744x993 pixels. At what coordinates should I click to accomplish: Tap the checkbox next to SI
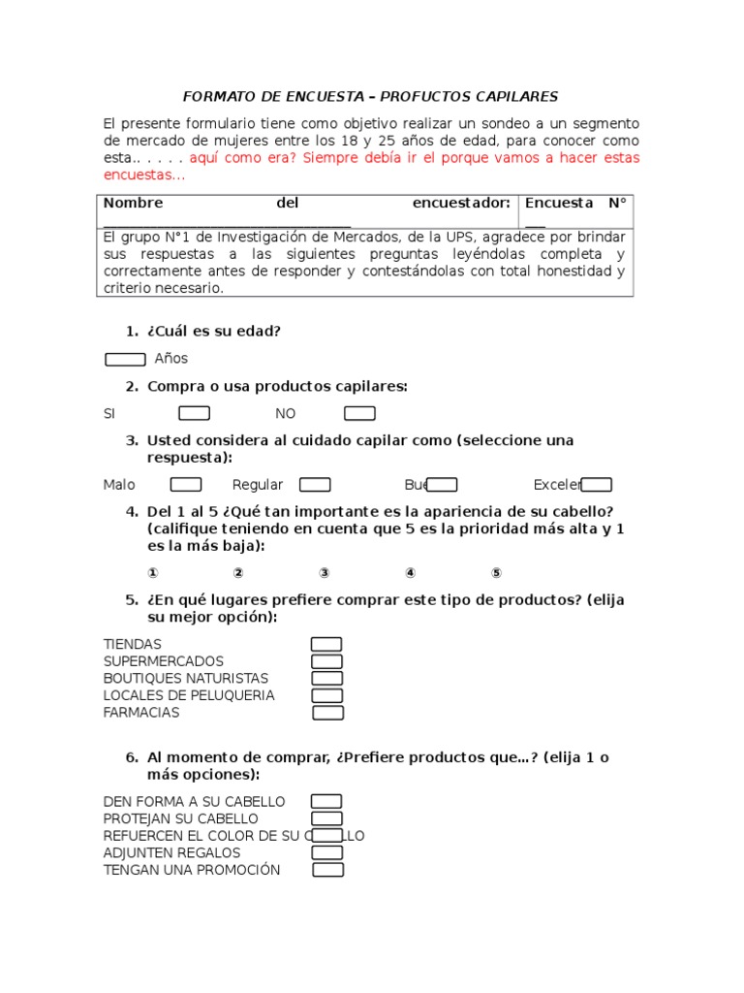tap(195, 414)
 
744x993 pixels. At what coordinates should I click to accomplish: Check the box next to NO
tap(359, 414)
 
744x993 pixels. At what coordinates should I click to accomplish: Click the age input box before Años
tap(125, 360)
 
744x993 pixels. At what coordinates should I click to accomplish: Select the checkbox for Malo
tap(186, 485)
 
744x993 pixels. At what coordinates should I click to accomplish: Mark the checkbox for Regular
tap(315, 485)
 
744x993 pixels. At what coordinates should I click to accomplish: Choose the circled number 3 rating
tap(325, 573)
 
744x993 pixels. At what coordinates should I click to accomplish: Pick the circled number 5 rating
tap(496, 573)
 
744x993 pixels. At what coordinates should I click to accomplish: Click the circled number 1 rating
tap(152, 573)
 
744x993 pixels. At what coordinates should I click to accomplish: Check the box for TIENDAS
tap(326, 645)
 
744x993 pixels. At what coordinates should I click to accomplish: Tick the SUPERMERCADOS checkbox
tap(326, 661)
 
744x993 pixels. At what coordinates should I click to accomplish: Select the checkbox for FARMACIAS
tap(328, 713)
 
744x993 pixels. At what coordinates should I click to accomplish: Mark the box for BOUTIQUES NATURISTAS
tap(326, 679)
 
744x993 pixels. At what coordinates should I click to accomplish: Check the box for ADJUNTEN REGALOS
tap(326, 852)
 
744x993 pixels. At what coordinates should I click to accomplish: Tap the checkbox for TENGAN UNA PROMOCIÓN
tap(328, 870)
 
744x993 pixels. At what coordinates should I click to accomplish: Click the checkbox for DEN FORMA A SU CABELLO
tap(326, 801)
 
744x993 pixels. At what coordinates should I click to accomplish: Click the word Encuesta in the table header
tap(558, 204)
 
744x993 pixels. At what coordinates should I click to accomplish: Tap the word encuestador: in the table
tap(461, 204)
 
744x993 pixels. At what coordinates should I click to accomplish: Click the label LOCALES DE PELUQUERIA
tap(189, 696)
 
